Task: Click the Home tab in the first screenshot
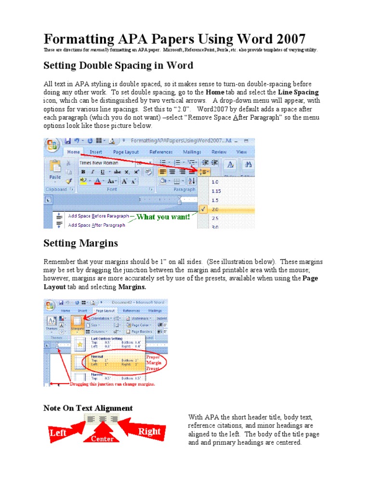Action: [73, 151]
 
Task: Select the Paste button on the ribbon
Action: [55, 171]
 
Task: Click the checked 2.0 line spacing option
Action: [215, 209]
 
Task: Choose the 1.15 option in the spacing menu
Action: [216, 191]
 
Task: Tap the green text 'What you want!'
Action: [163, 217]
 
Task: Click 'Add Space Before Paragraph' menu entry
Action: [98, 216]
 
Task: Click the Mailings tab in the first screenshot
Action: [192, 151]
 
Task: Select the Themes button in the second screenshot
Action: [51, 324]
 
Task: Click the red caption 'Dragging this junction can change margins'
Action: [112, 384]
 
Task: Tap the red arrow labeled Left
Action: [61, 432]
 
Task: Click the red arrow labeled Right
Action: [146, 431]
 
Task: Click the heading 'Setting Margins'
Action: [80, 243]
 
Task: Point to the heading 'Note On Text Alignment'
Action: [88, 408]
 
